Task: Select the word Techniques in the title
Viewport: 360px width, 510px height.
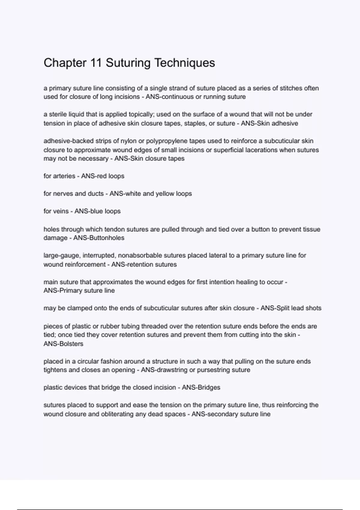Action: (184, 63)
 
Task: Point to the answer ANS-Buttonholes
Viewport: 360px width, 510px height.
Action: (99, 238)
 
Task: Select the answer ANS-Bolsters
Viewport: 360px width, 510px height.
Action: (63, 344)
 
